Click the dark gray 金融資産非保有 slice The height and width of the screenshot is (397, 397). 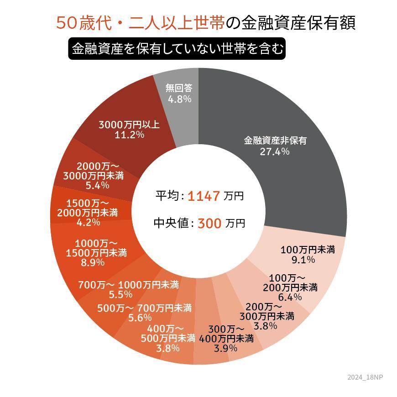pyautogui.click(x=292, y=183)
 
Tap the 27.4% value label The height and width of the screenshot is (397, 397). pyautogui.click(x=274, y=152)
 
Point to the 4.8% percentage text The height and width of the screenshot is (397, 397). pyautogui.click(x=179, y=99)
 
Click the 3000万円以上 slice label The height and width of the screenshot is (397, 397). pyautogui.click(x=129, y=124)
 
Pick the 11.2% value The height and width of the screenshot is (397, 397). pyautogui.click(x=129, y=135)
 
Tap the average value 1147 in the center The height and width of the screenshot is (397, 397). pyautogui.click(x=204, y=196)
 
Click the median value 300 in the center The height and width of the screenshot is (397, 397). pyautogui.click(x=210, y=224)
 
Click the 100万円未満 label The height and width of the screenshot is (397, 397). pyautogui.click(x=308, y=250)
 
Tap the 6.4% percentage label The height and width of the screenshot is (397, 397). pyautogui.click(x=290, y=298)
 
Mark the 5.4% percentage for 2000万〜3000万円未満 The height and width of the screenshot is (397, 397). pyautogui.click(x=97, y=185)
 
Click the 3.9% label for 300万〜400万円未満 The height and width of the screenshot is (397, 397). pyautogui.click(x=225, y=349)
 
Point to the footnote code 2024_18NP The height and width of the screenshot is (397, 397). pyautogui.click(x=365, y=377)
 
